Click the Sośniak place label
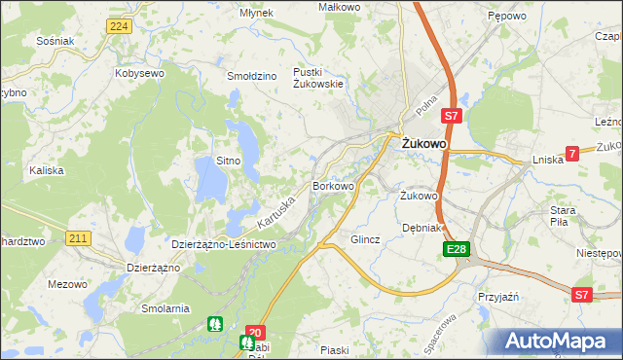pos(54,42)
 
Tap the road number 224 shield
pos(119,26)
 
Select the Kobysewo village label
pos(137,73)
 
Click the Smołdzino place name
pos(252,75)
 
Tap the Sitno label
pos(228,160)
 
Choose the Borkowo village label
pos(333,185)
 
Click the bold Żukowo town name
pos(424,144)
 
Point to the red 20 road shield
pos(255,332)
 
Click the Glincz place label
pos(365,238)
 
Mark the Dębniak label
pos(422,228)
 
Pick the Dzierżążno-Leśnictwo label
pos(224,245)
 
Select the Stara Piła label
pos(564,215)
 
